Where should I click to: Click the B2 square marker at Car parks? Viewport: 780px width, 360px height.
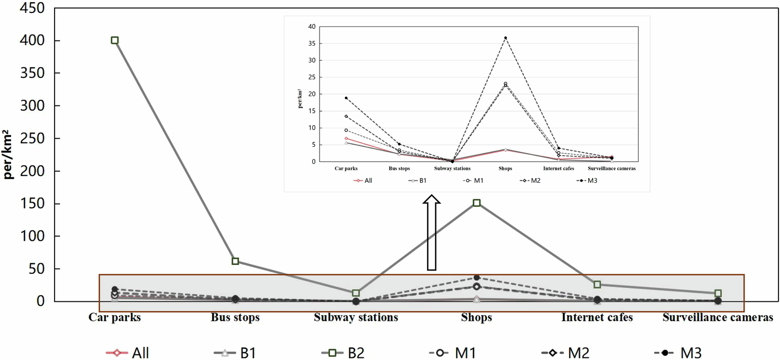[115, 41]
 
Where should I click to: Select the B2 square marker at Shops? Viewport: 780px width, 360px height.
[477, 203]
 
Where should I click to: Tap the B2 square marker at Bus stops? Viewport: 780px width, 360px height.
[235, 261]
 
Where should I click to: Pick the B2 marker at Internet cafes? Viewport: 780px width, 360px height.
[597, 285]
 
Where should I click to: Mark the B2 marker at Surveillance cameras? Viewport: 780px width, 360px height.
[718, 294]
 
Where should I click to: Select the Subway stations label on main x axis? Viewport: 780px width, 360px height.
[356, 317]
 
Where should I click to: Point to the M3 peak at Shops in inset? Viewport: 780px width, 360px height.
[505, 38]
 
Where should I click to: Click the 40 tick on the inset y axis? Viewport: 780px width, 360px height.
[311, 26]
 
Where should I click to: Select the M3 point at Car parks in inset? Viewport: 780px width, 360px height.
[346, 98]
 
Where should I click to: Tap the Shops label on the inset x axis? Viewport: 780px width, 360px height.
[505, 169]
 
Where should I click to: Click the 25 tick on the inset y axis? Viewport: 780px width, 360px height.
[311, 77]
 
